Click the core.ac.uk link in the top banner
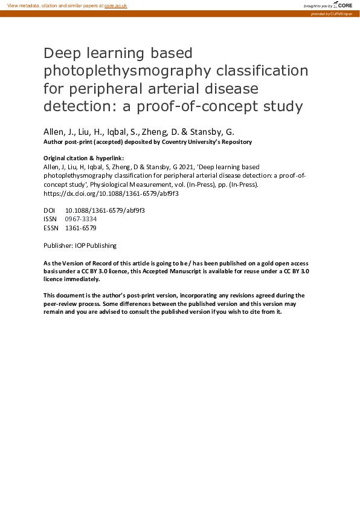pyautogui.click(x=117, y=5)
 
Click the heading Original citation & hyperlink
pyautogui.click(x=83, y=158)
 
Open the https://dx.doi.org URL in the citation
pyautogui.click(x=111, y=194)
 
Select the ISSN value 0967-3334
pyautogui.click(x=80, y=219)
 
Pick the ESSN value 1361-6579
pyautogui.click(x=80, y=228)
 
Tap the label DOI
pyautogui.click(x=49, y=210)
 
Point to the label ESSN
pyautogui.click(x=51, y=228)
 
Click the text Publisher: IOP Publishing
pyautogui.click(x=80, y=245)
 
